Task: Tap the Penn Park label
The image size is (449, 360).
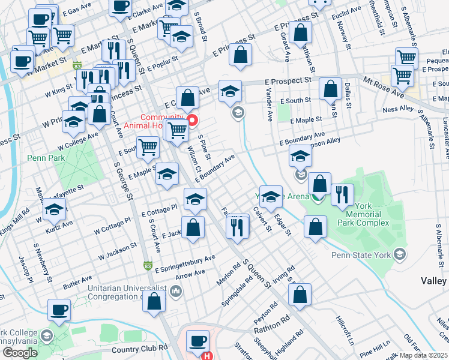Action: coord(41,159)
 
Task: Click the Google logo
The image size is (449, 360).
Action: coord(20,352)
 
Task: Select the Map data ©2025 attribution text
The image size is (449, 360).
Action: coord(424,355)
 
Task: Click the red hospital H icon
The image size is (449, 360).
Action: coord(207,355)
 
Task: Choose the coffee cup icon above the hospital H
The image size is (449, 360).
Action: coord(197,341)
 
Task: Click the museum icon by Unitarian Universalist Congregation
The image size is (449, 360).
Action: coord(176,292)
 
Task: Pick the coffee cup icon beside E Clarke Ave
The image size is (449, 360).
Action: coord(120,7)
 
